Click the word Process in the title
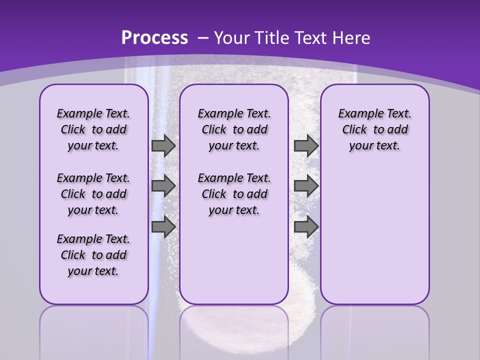click(x=154, y=38)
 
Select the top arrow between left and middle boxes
click(x=163, y=146)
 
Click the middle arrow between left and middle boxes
click(x=163, y=186)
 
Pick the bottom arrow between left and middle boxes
click(x=163, y=227)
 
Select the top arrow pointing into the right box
click(x=306, y=146)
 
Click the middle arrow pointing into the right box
click(x=306, y=186)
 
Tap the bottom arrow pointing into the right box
click(x=306, y=227)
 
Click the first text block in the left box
click(x=93, y=129)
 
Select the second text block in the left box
click(x=93, y=194)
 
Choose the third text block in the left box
click(x=93, y=255)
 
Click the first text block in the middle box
click(x=234, y=129)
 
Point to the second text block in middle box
click(x=234, y=194)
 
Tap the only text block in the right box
click(x=374, y=129)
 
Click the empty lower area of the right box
click(x=374, y=240)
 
